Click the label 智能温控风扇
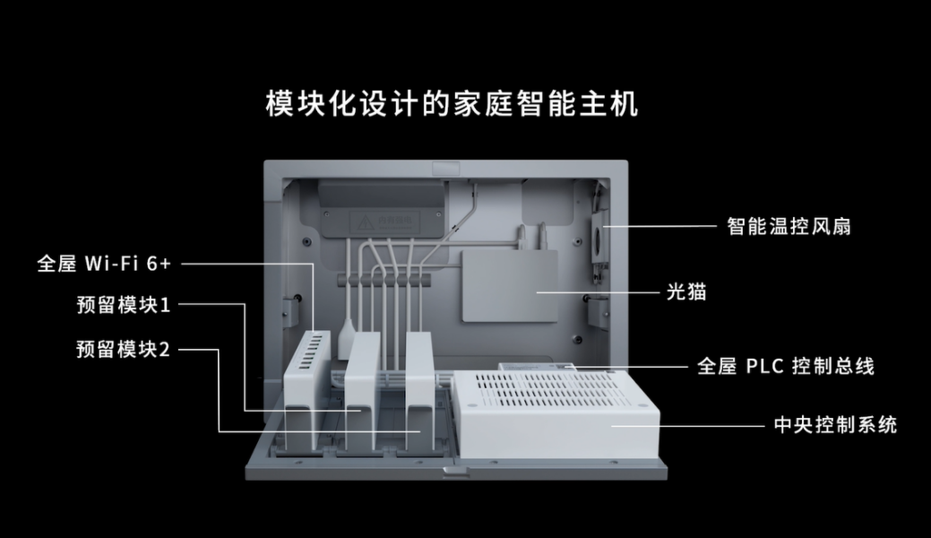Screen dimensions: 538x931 tap(788, 226)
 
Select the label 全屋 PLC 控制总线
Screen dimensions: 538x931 tap(784, 366)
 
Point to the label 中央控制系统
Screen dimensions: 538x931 tap(834, 424)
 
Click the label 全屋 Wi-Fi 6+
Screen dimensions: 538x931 tap(104, 264)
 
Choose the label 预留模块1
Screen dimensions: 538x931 tap(123, 306)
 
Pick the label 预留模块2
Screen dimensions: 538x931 tap(123, 349)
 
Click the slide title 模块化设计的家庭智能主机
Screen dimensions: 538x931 tap(453, 103)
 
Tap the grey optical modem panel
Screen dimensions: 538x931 tap(509, 285)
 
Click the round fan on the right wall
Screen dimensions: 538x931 tap(597, 238)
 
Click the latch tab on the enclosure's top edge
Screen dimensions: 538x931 tap(444, 168)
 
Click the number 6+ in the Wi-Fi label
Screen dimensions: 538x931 tap(158, 264)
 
